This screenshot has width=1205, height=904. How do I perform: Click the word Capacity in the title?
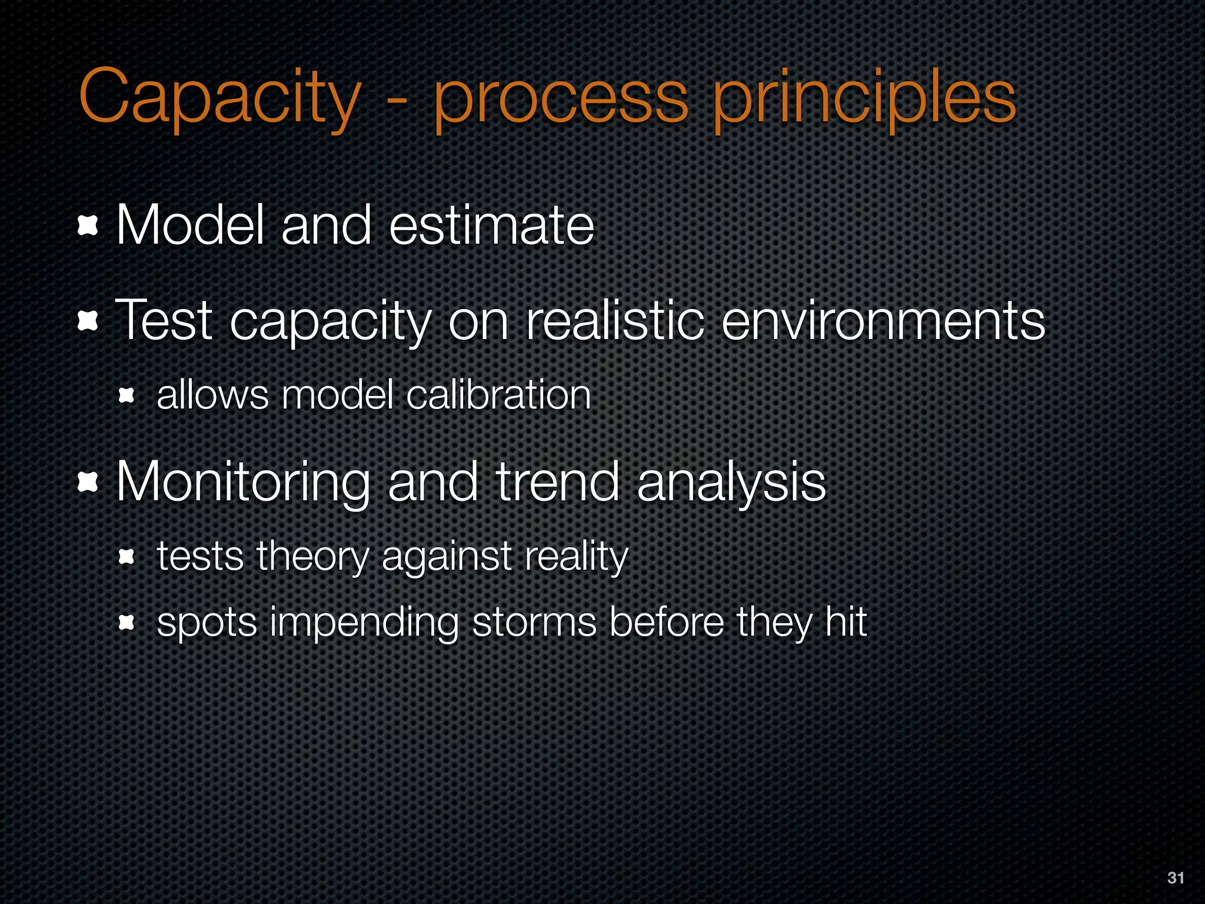(x=219, y=97)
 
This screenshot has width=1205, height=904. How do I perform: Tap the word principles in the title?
(x=864, y=97)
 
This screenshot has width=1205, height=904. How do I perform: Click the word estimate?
(x=491, y=225)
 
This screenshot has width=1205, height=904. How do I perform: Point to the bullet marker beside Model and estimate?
(x=88, y=226)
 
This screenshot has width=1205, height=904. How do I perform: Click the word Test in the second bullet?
(x=164, y=321)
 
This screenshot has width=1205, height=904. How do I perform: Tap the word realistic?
(x=615, y=321)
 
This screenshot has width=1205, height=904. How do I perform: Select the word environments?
(x=883, y=321)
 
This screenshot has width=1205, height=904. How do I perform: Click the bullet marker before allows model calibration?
(x=127, y=395)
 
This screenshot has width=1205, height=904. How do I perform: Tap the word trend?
(x=558, y=481)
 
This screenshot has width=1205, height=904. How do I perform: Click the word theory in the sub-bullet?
(x=312, y=556)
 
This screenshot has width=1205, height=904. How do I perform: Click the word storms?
(x=534, y=622)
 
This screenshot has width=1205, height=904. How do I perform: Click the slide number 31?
(x=1175, y=878)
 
